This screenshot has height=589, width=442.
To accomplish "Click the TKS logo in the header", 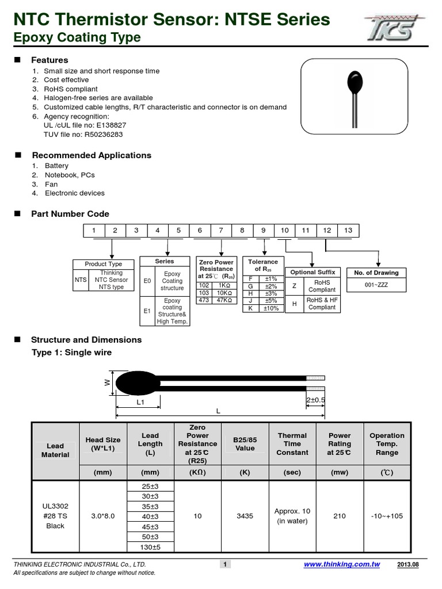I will pyautogui.click(x=398, y=27).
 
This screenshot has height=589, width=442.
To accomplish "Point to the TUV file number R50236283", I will pyautogui.click(x=102, y=134).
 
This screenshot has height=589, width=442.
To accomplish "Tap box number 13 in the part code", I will pyautogui.click(x=348, y=231).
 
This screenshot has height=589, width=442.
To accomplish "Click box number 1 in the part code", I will pyautogui.click(x=94, y=231).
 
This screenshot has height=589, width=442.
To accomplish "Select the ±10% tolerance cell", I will pyautogui.click(x=270, y=308).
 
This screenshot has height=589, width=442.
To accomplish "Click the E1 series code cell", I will pyautogui.click(x=147, y=311).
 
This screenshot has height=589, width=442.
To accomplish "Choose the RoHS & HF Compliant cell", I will pyautogui.click(x=322, y=304).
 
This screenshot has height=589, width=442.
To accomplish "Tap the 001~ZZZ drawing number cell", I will pyautogui.click(x=376, y=285).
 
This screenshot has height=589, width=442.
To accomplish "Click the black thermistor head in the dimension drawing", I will pyautogui.click(x=137, y=383).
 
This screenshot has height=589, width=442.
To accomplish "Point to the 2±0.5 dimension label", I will pyautogui.click(x=315, y=400).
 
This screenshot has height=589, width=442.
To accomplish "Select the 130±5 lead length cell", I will pyautogui.click(x=150, y=547).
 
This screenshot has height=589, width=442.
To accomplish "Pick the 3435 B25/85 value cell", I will pyautogui.click(x=245, y=517).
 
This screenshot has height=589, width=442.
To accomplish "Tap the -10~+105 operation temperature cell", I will pyautogui.click(x=387, y=517).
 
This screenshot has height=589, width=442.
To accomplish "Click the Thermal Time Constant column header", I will pyautogui.click(x=292, y=444).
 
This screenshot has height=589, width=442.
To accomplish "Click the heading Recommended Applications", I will pyautogui.click(x=92, y=155).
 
